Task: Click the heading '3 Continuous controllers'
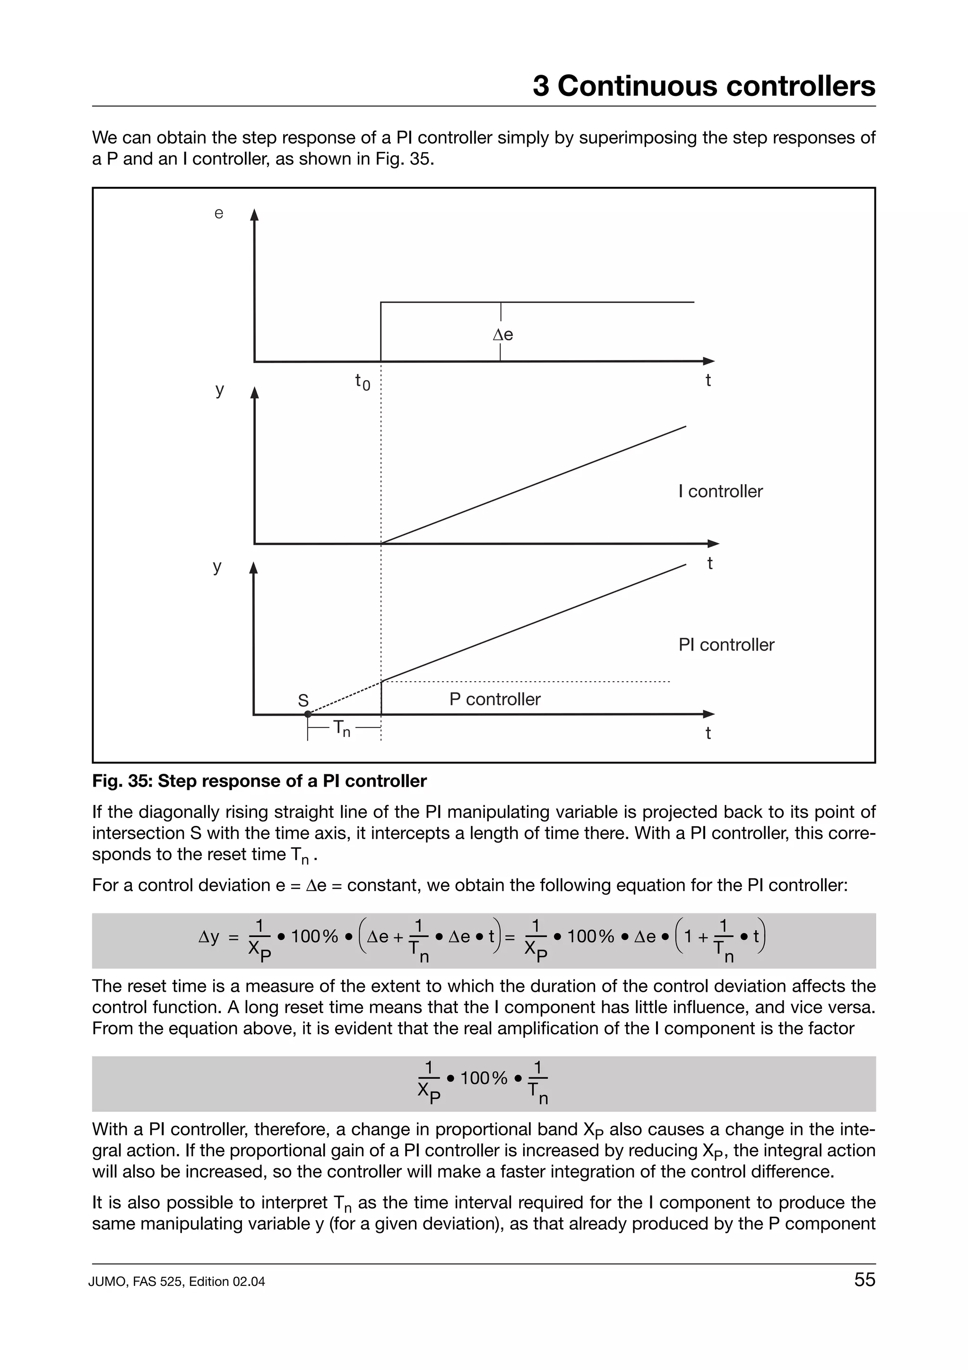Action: (703, 86)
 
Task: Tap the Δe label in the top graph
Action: (503, 335)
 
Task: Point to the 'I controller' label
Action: (720, 491)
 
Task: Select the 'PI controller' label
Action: (726, 644)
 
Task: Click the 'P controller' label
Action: (494, 699)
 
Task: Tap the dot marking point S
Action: (308, 714)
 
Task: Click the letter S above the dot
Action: (303, 700)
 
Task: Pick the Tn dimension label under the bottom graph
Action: (341, 728)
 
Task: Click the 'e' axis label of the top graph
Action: (219, 214)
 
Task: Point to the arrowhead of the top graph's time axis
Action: (709, 361)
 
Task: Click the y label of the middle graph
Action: (219, 390)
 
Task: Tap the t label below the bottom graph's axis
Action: (708, 733)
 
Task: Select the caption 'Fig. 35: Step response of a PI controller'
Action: (259, 781)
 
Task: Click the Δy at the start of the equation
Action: (209, 937)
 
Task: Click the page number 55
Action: (864, 1279)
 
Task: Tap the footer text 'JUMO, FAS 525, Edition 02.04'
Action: (177, 1281)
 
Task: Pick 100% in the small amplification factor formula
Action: (483, 1078)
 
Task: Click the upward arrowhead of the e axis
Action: (254, 215)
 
